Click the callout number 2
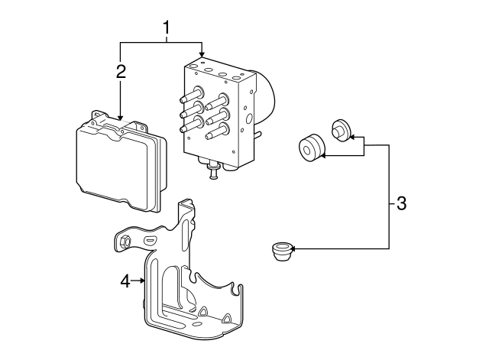[121, 72]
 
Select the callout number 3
[401, 204]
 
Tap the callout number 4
[125, 281]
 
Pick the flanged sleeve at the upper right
[340, 131]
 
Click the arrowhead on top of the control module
[121, 115]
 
